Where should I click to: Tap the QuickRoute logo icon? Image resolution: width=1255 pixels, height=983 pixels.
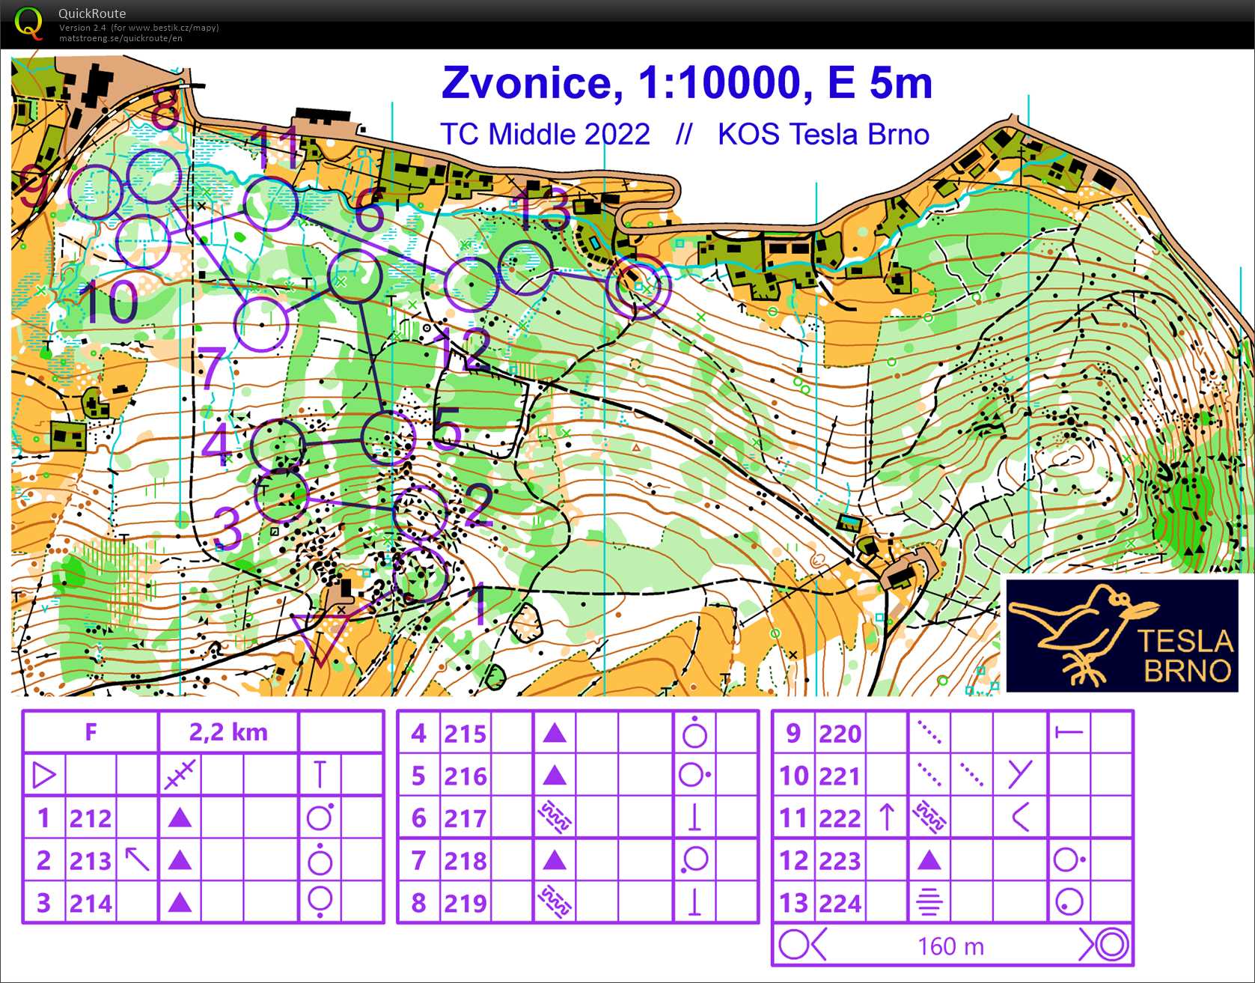pyautogui.click(x=28, y=23)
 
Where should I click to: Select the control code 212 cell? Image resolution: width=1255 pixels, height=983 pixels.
pyautogui.click(x=91, y=818)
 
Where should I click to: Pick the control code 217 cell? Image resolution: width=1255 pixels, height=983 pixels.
pyautogui.click(x=465, y=818)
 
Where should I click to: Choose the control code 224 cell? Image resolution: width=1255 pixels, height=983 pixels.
pyautogui.click(x=840, y=904)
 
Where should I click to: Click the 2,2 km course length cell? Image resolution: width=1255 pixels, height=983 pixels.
pyautogui.click(x=228, y=731)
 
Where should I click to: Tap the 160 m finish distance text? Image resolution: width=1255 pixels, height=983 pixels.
pyautogui.click(x=950, y=946)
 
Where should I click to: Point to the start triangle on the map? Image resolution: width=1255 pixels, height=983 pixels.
pyautogui.click(x=320, y=636)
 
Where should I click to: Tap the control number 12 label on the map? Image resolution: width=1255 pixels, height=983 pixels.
pyautogui.click(x=465, y=349)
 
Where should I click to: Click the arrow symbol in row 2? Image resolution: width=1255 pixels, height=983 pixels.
pyautogui.click(x=137, y=859)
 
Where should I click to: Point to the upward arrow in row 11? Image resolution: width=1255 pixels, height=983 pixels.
pyautogui.click(x=887, y=818)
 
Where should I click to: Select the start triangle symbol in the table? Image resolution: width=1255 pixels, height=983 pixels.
pyautogui.click(x=44, y=775)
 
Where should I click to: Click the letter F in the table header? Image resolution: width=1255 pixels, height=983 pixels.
pyautogui.click(x=91, y=731)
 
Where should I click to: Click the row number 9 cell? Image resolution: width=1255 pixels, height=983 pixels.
pyautogui.click(x=793, y=733)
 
